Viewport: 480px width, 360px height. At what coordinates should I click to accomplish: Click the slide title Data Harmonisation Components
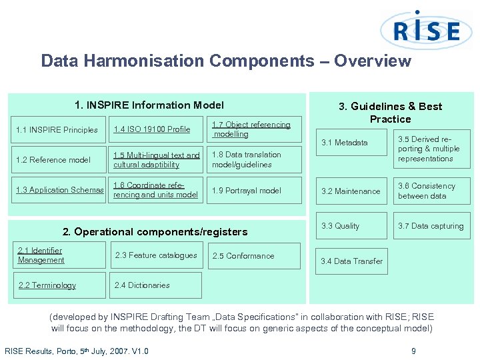225,61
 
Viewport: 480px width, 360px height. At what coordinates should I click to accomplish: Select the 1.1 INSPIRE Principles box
57,130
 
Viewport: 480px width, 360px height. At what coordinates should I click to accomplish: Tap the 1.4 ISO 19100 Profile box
155,129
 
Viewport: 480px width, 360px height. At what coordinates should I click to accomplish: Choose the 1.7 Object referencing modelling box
251,129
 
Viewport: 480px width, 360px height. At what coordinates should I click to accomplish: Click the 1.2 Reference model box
57,160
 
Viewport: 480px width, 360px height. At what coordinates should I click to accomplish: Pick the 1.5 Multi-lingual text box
155,160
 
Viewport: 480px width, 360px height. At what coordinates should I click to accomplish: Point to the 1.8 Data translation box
251,160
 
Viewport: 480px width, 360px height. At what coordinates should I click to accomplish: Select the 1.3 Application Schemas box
59,190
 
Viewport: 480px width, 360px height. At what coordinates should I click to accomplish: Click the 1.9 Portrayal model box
251,190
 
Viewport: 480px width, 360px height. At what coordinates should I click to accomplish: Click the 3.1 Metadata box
351,143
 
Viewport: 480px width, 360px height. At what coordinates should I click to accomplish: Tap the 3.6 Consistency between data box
431,191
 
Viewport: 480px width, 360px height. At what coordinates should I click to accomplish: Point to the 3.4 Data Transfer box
351,261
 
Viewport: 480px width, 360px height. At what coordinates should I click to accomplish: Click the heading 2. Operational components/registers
155,232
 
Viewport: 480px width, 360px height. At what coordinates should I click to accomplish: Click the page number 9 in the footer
413,351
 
